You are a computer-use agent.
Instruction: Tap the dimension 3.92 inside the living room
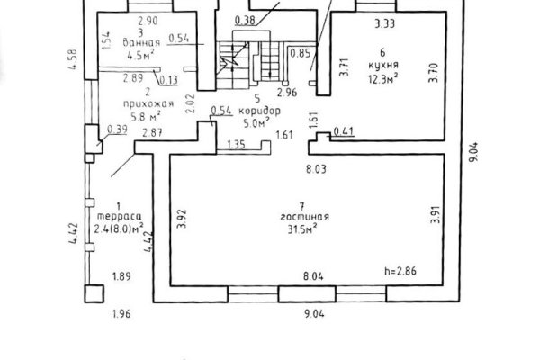(181, 217)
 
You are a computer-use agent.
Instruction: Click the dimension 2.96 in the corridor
(287, 93)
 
